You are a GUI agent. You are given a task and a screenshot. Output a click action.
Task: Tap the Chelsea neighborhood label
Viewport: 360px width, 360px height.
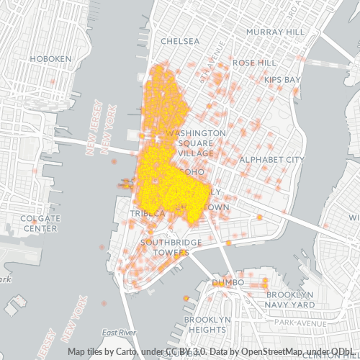coord(181,41)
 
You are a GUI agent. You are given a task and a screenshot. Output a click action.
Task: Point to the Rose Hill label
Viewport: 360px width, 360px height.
coord(254,63)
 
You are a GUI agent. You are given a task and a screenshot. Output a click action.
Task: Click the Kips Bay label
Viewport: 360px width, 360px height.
coord(282,79)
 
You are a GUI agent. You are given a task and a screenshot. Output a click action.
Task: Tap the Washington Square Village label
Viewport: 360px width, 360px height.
coord(196,143)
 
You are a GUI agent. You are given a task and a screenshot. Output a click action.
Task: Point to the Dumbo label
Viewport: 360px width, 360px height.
coord(228,283)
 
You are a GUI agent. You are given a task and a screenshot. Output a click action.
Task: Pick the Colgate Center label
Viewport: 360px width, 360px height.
coord(39,223)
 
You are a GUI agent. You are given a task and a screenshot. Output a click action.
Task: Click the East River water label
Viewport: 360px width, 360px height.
coord(119,333)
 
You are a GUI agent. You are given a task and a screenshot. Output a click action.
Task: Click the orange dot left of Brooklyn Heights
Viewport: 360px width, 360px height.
coord(186,297)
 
